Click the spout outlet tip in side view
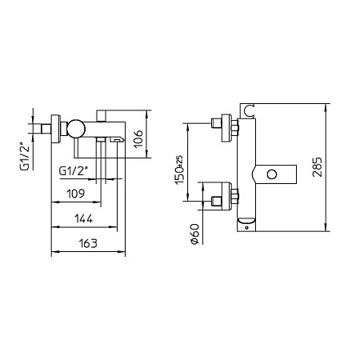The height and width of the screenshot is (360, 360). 117,138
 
